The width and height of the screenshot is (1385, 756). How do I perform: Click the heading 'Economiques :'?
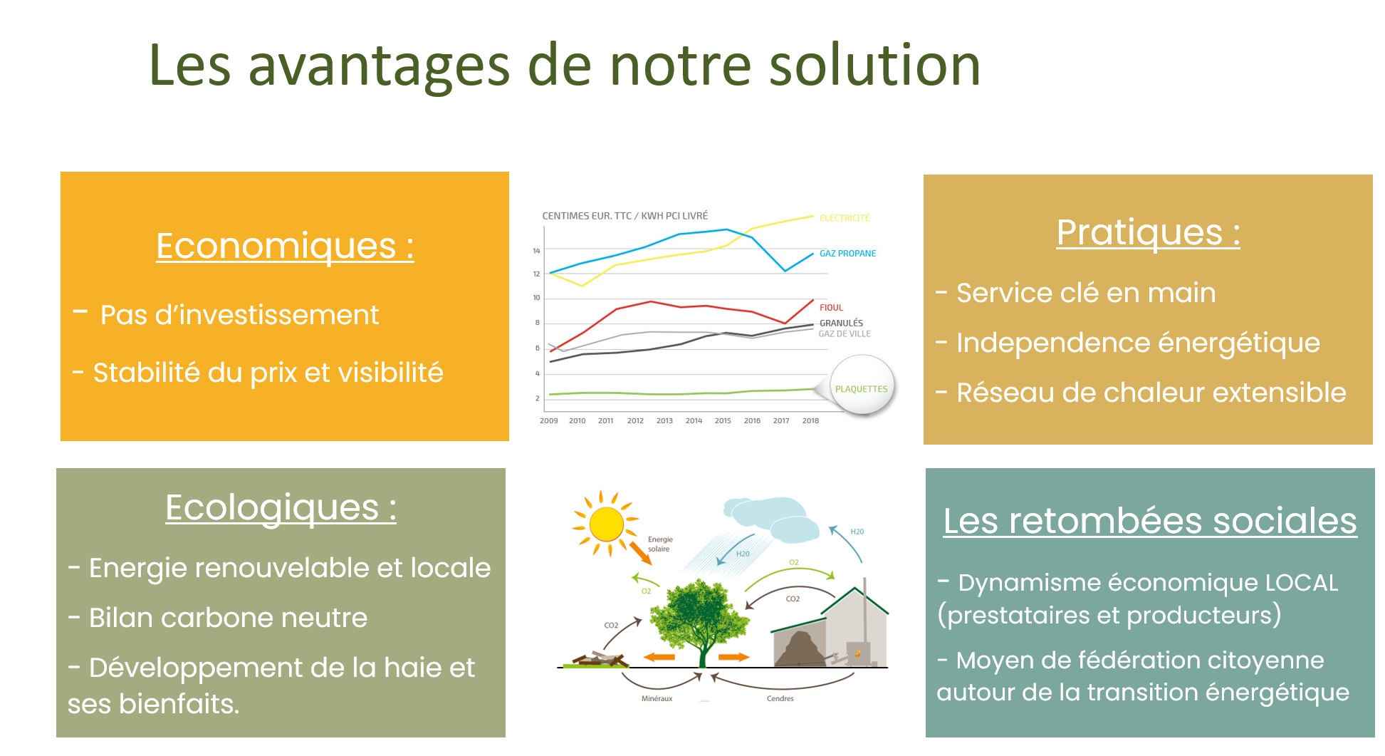pyautogui.click(x=285, y=246)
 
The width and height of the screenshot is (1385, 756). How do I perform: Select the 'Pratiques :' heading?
pyautogui.click(x=1148, y=232)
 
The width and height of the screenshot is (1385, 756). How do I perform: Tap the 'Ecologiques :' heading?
pyautogui.click(x=281, y=507)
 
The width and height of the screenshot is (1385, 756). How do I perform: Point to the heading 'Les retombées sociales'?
pyautogui.click(x=1150, y=520)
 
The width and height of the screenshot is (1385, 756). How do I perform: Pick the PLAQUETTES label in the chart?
pyautogui.click(x=861, y=389)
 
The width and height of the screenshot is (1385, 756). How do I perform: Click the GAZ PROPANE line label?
pyautogui.click(x=847, y=254)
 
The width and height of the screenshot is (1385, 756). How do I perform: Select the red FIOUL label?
pyautogui.click(x=831, y=308)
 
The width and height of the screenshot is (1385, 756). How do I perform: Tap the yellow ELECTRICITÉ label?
pyautogui.click(x=845, y=218)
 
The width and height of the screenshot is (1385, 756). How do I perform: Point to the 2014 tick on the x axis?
pyautogui.click(x=694, y=421)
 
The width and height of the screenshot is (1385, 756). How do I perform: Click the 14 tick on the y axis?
pyautogui.click(x=536, y=251)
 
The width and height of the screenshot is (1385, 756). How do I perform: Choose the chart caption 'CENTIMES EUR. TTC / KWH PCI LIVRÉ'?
pyautogui.click(x=624, y=216)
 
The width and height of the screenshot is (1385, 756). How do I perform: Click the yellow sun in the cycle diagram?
pyautogui.click(x=606, y=524)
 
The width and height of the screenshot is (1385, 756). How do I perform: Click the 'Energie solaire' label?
pyautogui.click(x=660, y=544)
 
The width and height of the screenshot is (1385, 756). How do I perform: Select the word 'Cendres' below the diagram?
pyautogui.click(x=780, y=698)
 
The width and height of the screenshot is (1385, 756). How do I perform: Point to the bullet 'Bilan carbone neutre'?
pyautogui.click(x=228, y=618)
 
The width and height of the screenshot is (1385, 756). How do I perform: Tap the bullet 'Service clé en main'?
pyautogui.click(x=1085, y=293)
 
